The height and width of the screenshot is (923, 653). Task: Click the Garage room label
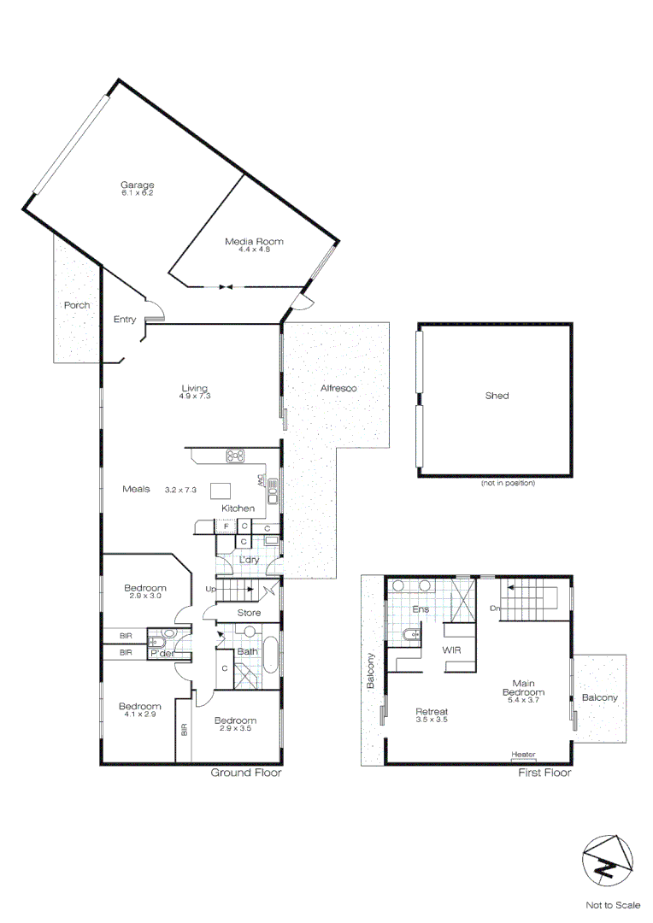coord(137,185)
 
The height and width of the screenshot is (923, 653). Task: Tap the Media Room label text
coord(254,242)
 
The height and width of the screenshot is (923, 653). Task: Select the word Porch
coord(76,305)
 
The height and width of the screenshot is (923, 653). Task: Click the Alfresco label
coord(338,389)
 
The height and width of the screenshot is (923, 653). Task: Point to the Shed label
coord(497,396)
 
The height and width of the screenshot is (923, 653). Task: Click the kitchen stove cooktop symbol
coord(236,456)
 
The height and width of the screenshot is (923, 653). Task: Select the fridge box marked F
coord(226,526)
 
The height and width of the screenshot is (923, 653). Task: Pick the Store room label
coord(248,613)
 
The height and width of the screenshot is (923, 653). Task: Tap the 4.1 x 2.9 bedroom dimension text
coord(139,714)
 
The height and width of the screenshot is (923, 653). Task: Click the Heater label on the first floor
coord(523,754)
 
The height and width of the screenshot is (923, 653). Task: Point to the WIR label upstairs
coord(452,650)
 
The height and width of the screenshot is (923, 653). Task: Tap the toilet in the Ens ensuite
coord(414,634)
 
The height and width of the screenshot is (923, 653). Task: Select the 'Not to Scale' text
coord(612,904)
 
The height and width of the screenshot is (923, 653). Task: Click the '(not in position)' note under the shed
coord(507,483)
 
